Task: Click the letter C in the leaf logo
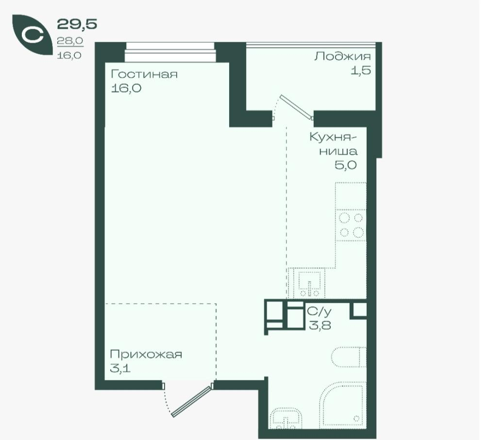pyautogui.click(x=33, y=35)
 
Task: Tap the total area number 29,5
pyautogui.click(x=77, y=24)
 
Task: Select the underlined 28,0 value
pyautogui.click(x=70, y=41)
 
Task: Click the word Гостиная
pyautogui.click(x=144, y=74)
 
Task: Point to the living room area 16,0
pyautogui.click(x=126, y=88)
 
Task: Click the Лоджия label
pyautogui.click(x=343, y=57)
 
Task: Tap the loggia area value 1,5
pyautogui.click(x=361, y=70)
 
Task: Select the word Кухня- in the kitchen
pyautogui.click(x=333, y=137)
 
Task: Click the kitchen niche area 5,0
pyautogui.click(x=346, y=165)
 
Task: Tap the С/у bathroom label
pyautogui.click(x=319, y=311)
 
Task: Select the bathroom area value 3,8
pyautogui.click(x=320, y=326)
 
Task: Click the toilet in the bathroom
pyautogui.click(x=349, y=357)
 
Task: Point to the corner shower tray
pyautogui.click(x=342, y=405)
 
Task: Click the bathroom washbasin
pyautogui.click(x=286, y=418)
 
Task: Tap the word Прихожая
pyautogui.click(x=146, y=354)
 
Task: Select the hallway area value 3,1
pyautogui.click(x=120, y=368)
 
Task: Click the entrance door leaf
pyautogui.click(x=191, y=402)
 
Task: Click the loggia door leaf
pyautogui.click(x=297, y=107)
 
